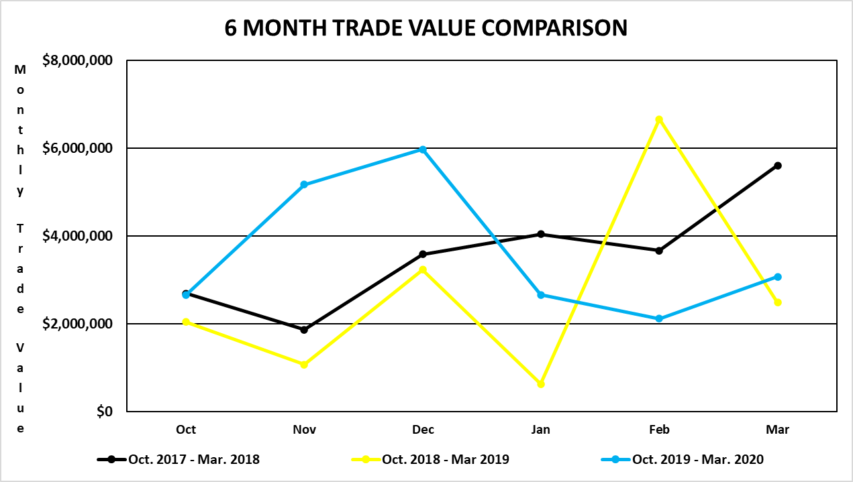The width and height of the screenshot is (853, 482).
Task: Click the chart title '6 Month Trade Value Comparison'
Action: coord(425,28)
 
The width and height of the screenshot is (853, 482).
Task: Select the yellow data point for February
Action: coord(659,119)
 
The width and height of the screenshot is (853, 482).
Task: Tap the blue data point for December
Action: coord(423,149)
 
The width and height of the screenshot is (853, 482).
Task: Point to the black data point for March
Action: coord(778,166)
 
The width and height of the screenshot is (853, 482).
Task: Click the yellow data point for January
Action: coord(541,384)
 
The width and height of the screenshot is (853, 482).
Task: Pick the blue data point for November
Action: coord(304,184)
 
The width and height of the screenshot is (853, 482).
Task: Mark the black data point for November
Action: coord(304,330)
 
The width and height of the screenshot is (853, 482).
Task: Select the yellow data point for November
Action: coord(304,365)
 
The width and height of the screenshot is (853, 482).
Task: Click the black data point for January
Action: coord(541,234)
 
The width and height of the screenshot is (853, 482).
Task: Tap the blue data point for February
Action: coord(659,318)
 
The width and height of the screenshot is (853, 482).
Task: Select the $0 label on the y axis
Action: coord(103,412)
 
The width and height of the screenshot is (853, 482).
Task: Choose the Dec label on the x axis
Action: coord(423,430)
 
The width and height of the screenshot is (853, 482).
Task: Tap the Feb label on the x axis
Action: coord(659,430)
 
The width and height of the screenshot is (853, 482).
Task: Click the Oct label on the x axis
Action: coord(186,430)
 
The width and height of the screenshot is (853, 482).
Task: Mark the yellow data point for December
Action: coord(423,269)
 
